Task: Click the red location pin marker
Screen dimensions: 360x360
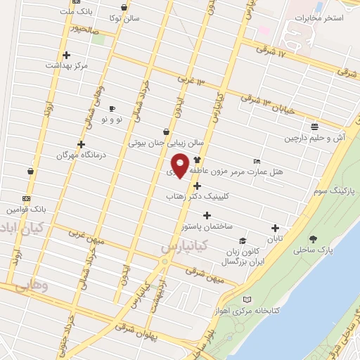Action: point(181,165)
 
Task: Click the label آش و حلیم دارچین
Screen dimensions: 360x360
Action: point(314,139)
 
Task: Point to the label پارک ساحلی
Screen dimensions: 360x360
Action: point(313,250)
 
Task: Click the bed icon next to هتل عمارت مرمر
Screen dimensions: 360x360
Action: point(257,160)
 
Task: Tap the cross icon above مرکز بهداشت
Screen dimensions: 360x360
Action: point(66,54)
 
